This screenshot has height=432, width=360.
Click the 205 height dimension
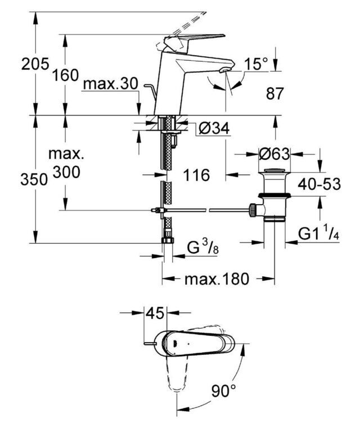coord(35,64)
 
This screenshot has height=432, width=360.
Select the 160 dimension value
coord(66,75)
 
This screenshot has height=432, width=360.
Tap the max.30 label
coord(110,83)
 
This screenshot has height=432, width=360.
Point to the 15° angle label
coord(256,64)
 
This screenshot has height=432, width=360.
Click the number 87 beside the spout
coord(274,93)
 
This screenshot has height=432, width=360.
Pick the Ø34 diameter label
coord(214,128)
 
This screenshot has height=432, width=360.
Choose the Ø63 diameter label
coord(274,154)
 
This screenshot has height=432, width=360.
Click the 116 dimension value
coord(196,175)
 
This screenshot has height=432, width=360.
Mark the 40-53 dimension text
coord(319,184)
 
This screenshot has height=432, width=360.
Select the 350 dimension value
coord(34,179)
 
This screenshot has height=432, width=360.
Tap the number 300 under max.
coord(66,172)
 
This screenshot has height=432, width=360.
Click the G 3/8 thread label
coord(202,247)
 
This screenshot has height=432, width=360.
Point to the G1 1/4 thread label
coord(319,233)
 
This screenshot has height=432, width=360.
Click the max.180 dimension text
coord(217,279)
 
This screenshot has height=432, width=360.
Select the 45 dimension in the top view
coord(155,313)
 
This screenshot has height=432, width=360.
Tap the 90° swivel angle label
coord(224,391)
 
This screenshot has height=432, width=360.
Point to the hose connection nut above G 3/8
coord(168,239)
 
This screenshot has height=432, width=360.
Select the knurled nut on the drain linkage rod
coord(252,210)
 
